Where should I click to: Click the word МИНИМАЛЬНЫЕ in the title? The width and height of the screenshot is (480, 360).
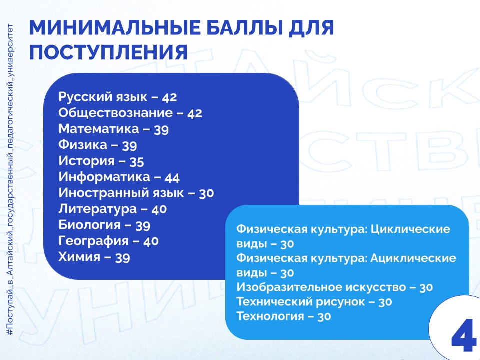coord(115,28)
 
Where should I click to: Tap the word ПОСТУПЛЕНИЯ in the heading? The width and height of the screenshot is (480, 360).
coord(108,52)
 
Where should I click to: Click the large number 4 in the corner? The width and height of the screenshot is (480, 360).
coord(463,335)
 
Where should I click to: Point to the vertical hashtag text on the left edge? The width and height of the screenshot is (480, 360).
coord(10,179)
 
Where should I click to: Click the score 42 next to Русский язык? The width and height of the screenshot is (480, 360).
coord(170,97)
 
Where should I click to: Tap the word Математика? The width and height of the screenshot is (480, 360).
coord(99,129)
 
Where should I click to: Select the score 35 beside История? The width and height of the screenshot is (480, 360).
coord(137,161)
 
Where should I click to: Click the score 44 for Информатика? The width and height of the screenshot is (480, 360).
coord(172,177)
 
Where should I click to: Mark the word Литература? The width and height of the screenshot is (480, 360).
coord(97,209)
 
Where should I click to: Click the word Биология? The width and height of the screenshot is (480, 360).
coord(89,225)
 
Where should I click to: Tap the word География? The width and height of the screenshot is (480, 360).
coord(93,241)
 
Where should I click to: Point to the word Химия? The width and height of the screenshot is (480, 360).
coord(79,257)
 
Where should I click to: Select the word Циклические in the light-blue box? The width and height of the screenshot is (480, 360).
coord(410,229)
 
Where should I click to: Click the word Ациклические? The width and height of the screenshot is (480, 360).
coord(413,258)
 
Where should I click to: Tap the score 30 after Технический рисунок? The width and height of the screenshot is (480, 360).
coord(385,302)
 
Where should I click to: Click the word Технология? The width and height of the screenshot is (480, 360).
coord(270,316)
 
